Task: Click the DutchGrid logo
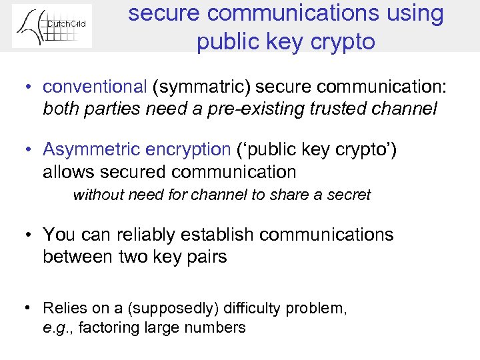tap(52, 26)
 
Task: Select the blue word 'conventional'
tap(95, 87)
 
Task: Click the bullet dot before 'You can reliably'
tap(31, 235)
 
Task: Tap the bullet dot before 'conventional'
tap(31, 87)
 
